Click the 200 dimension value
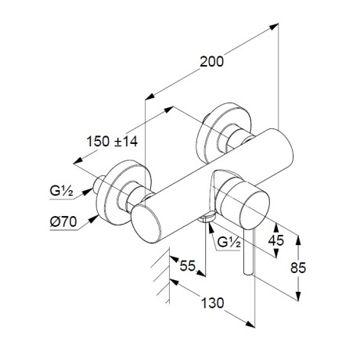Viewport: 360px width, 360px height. [211, 62]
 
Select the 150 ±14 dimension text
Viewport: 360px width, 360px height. [112, 142]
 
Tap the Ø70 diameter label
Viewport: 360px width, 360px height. [63, 222]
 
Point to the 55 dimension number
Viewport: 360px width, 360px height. [188, 266]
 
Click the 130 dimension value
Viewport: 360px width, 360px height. [212, 303]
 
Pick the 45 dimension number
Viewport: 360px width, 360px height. [276, 240]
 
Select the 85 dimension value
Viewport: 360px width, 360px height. [298, 268]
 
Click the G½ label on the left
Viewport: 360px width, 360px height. [62, 191]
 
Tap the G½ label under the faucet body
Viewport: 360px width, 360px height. [229, 243]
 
